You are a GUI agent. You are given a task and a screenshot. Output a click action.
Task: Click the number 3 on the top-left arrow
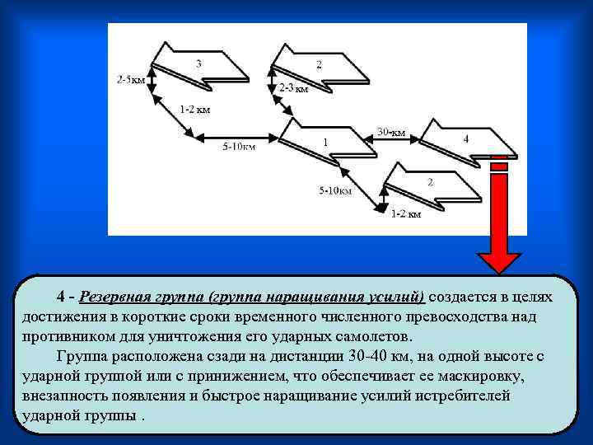tap(198, 63)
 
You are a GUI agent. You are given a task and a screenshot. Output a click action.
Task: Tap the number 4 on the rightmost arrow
tap(466, 139)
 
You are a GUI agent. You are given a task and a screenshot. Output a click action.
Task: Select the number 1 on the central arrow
tap(325, 143)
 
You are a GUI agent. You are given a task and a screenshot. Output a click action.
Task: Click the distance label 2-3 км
tap(293, 88)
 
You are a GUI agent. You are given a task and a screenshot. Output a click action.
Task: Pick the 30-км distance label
tap(391, 132)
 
